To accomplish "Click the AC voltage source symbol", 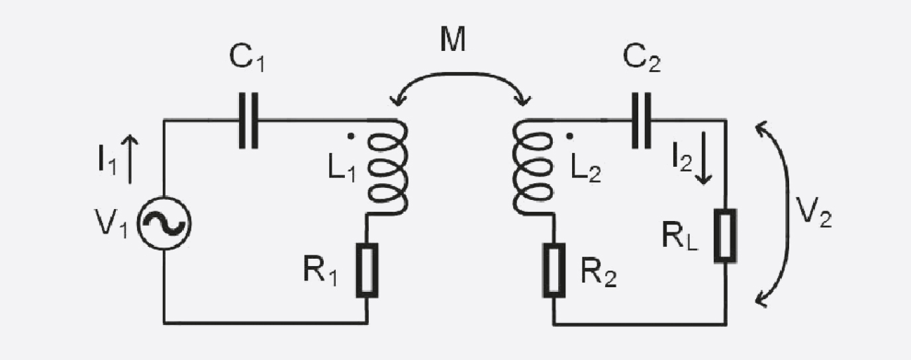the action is click(x=164, y=224).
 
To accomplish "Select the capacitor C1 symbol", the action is click(x=248, y=120).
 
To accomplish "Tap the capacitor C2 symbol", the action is click(x=642, y=120).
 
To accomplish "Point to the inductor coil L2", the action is click(x=533, y=167).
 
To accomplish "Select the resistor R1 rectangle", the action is click(x=367, y=270).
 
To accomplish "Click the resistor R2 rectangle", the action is click(x=554, y=270).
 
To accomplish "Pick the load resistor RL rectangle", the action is click(x=726, y=236).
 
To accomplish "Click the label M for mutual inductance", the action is click(x=453, y=40).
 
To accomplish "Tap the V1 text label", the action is click(x=111, y=222).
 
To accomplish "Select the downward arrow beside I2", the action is click(x=703, y=158).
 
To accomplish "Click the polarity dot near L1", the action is click(x=351, y=137).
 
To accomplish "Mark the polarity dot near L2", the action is click(x=570, y=136).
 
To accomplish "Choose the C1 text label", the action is click(x=247, y=58).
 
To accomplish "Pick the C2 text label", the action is click(x=642, y=58).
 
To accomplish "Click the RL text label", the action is click(x=680, y=236).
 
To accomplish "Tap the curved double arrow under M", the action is click(x=460, y=73).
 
